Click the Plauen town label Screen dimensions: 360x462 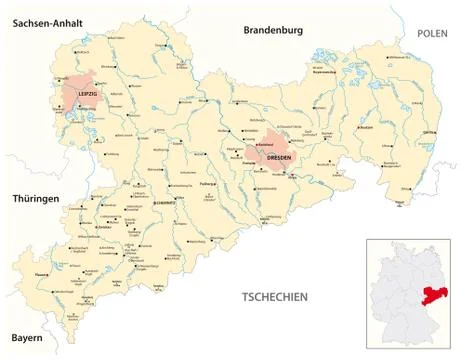tap(41, 272)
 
